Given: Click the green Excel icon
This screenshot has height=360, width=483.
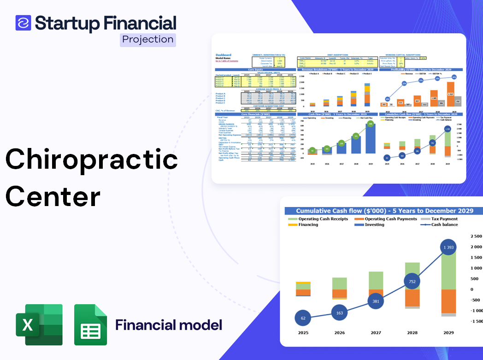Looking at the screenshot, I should (39, 325).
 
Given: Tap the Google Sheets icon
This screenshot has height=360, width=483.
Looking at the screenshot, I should (91, 325).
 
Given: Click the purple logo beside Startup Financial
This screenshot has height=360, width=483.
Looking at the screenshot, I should (23, 23).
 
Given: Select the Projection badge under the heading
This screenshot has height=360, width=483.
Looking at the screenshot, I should (148, 40).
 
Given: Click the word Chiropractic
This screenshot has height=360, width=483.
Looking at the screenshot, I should (92, 160).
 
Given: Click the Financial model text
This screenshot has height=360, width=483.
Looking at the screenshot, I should (169, 325).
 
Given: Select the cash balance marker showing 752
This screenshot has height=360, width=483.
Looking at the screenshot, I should (412, 282).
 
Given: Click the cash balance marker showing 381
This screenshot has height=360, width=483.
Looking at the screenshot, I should (376, 301).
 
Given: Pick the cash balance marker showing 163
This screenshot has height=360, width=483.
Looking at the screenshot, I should (340, 313).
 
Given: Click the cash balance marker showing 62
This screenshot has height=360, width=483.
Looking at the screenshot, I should (303, 318).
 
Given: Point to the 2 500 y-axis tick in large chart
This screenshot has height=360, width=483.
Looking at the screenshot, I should (476, 236).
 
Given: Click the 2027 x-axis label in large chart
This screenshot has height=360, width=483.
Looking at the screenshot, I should (376, 332).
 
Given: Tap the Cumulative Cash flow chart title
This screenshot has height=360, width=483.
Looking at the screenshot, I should (384, 211).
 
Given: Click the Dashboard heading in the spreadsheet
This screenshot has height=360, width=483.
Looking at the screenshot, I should (224, 55).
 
